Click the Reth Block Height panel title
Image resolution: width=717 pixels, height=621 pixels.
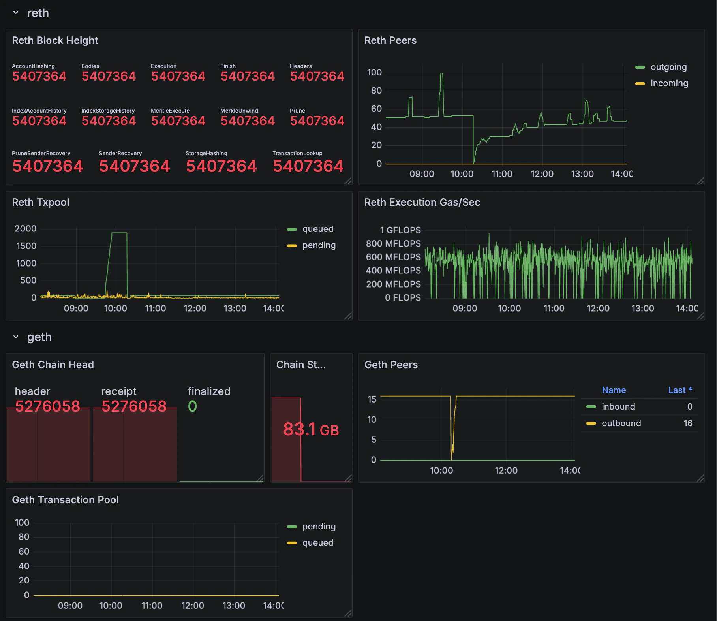(x=55, y=40)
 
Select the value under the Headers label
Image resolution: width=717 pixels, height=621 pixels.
(x=317, y=76)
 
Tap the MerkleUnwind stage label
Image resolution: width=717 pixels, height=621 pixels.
(x=239, y=111)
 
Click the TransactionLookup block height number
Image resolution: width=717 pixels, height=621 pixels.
(x=308, y=166)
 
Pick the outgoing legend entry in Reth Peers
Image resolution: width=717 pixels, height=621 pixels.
(x=668, y=67)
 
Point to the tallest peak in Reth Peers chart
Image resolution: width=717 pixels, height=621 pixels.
(x=441, y=74)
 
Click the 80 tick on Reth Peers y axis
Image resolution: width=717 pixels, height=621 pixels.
(x=376, y=90)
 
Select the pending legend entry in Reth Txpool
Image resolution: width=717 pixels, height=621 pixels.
(x=319, y=245)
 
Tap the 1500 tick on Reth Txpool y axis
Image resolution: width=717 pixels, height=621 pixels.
(x=26, y=246)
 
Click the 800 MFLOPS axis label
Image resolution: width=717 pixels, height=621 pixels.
(x=393, y=243)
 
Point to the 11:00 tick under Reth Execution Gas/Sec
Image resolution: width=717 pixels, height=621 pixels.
(x=554, y=309)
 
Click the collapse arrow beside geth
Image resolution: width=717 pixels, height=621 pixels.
(x=16, y=337)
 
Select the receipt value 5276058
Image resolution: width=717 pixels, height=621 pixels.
(x=134, y=406)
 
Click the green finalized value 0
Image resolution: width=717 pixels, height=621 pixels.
(x=192, y=406)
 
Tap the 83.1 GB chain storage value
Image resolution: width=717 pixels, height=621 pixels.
(x=311, y=429)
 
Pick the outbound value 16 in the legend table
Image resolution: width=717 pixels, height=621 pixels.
(x=688, y=423)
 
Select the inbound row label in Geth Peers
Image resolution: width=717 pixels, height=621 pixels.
(x=618, y=406)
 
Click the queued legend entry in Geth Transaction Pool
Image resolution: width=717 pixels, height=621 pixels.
(x=317, y=543)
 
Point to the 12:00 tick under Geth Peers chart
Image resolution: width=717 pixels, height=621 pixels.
(x=506, y=470)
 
